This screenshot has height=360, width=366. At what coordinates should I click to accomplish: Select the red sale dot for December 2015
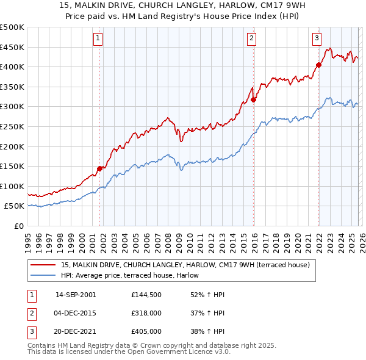point(254,100)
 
